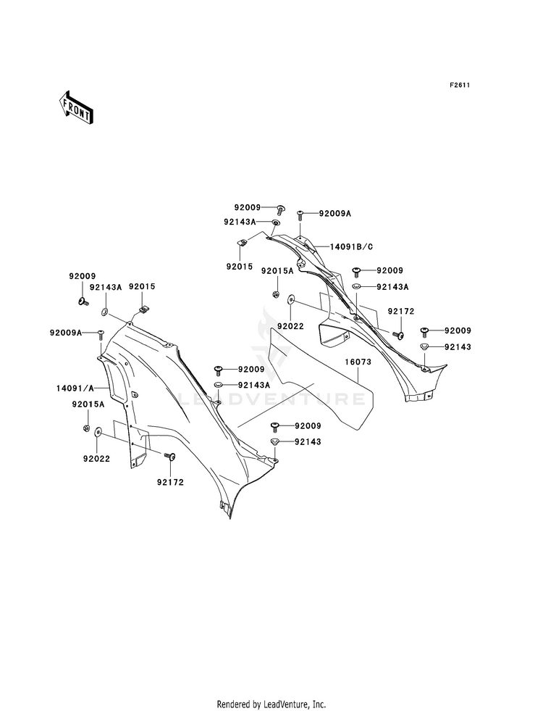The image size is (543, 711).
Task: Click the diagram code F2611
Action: [x=459, y=86]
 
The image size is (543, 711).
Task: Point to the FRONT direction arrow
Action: [x=75, y=107]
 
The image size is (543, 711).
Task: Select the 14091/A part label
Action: [x=75, y=388]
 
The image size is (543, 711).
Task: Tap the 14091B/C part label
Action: [x=351, y=246]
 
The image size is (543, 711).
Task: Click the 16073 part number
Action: [x=358, y=362]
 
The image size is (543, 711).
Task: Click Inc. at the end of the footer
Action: [x=319, y=704]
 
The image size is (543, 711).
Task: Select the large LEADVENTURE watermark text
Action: [x=271, y=399]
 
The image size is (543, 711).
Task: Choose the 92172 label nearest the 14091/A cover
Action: [x=170, y=483]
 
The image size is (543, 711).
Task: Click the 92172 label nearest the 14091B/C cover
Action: [x=401, y=312]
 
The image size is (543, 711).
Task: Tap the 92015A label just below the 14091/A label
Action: [x=88, y=404]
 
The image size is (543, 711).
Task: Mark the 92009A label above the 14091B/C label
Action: [x=335, y=213]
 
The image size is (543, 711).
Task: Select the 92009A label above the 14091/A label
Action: [x=66, y=333]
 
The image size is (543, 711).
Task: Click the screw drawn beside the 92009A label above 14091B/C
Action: [x=300, y=215]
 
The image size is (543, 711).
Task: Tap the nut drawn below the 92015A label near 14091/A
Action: [x=85, y=428]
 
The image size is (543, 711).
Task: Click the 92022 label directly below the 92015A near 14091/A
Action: [x=96, y=459]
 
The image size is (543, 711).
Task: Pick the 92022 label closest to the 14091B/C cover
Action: [x=291, y=326]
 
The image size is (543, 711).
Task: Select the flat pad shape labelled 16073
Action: [x=321, y=378]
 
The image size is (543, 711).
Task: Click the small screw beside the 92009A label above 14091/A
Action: [x=101, y=335]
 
